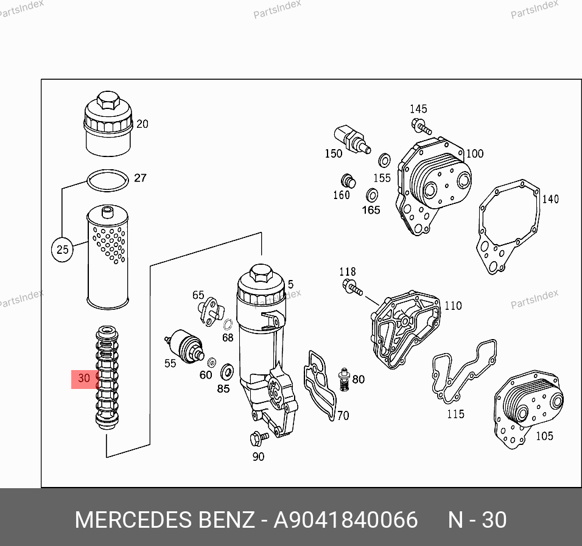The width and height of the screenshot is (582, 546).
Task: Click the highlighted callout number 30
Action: pos(84,378)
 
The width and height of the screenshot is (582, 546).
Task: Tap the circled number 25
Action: pos(62,250)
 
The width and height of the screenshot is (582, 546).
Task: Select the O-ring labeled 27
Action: pos(108,181)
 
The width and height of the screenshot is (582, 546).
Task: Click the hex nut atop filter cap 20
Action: pos(108,100)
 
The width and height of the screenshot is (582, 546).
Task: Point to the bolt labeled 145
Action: pos(421,126)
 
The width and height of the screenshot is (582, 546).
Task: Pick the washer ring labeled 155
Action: pos(385,161)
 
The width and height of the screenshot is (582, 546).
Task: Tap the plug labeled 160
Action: pos(348,181)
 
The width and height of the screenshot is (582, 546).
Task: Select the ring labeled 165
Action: pos(372,195)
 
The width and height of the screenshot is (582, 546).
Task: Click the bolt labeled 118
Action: pos(352,288)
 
